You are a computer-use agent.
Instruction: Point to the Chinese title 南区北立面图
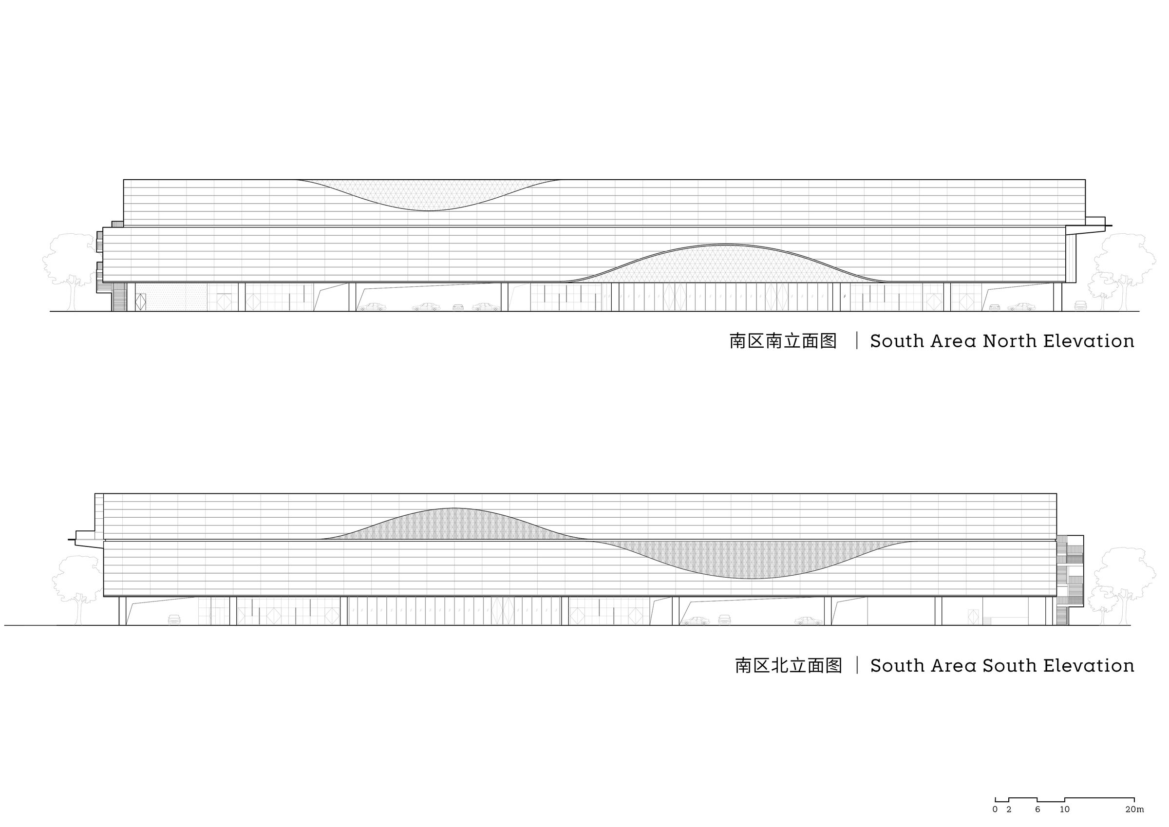(x=788, y=666)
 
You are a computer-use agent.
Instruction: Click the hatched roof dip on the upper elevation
(x=428, y=193)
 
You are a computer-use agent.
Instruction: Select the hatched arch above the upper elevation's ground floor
(x=726, y=265)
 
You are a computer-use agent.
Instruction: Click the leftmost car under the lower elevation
(x=174, y=619)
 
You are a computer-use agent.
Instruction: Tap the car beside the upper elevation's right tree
(x=1080, y=305)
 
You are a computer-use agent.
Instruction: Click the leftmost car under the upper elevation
(x=372, y=307)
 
